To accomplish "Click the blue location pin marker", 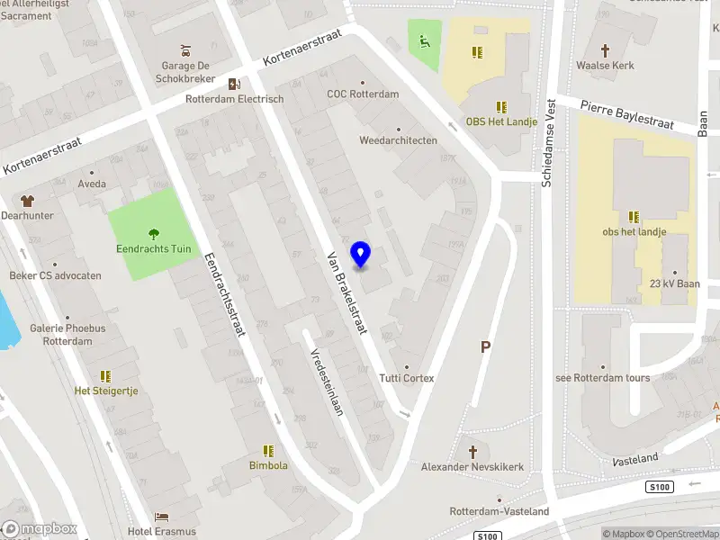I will coord(361,255).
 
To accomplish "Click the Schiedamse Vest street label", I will coord(546,144).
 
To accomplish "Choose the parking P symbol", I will coord(486,346).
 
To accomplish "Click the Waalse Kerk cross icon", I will coord(605,50).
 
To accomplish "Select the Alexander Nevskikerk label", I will coord(472,467).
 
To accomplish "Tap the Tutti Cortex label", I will coord(407,378).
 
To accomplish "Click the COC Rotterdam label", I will coord(363,94).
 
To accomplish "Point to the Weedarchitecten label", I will coord(399,140).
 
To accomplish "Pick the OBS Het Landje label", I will coord(501,122).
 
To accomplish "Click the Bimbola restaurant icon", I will coord(268,450).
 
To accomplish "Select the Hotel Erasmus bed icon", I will coord(162,517).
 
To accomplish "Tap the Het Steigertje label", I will coord(105,391).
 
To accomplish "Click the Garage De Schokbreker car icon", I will coord(185,49).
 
